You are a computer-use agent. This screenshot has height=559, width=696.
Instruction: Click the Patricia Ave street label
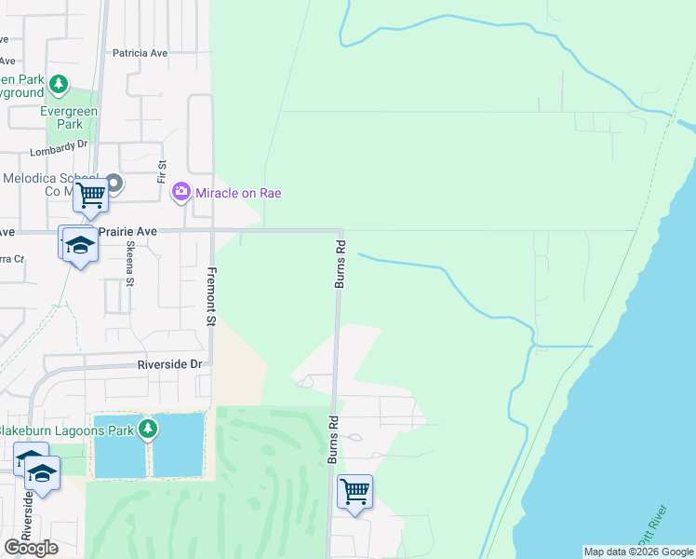tap(140, 53)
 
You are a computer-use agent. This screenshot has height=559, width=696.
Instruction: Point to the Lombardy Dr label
tap(58, 146)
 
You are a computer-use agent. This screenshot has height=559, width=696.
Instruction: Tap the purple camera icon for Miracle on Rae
tap(181, 193)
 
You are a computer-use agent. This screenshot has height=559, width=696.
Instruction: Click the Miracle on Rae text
tap(238, 193)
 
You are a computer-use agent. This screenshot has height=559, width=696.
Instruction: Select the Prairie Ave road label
tap(134, 231)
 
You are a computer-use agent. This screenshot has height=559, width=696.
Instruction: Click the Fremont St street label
tap(211, 296)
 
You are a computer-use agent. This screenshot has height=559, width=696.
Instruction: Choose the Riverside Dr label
tap(169, 365)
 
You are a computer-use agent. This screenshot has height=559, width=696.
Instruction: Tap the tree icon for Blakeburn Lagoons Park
tap(146, 429)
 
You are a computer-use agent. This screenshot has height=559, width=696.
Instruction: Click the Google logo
tap(32, 548)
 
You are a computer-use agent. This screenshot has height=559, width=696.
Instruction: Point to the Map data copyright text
tap(638, 552)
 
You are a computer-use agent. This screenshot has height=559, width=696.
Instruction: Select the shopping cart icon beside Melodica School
tap(90, 196)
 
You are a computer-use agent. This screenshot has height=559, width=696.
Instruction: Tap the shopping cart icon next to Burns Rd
tap(355, 490)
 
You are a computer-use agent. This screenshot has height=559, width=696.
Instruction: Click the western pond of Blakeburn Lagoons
tap(119, 445)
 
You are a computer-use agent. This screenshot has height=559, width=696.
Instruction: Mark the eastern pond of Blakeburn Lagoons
tap(178, 445)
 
